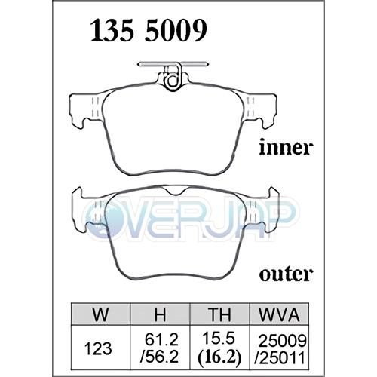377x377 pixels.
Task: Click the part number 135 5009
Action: click(x=149, y=30)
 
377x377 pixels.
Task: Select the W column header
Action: click(x=100, y=314)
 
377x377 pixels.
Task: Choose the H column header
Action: click(x=160, y=314)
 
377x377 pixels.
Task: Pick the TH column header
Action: click(x=219, y=314)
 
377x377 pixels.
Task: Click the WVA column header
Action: click(x=279, y=314)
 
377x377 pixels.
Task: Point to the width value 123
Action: click(x=98, y=348)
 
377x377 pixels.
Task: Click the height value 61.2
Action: click(x=161, y=339)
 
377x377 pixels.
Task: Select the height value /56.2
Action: click(x=160, y=357)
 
